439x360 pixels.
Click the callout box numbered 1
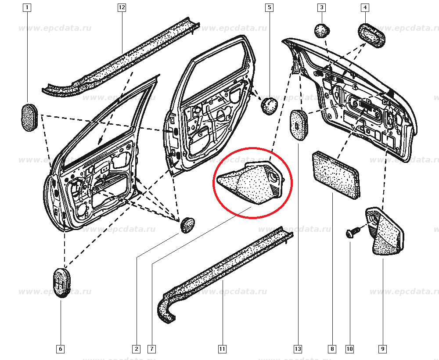pyautogui.click(x=27, y=7)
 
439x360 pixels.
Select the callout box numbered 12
pyautogui.click(x=122, y=7)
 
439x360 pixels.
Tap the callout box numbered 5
pyautogui.click(x=270, y=7)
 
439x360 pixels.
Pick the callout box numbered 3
pyautogui.click(x=322, y=7)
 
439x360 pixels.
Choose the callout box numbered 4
pyautogui.click(x=365, y=7)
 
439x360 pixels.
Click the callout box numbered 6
pyautogui.click(x=61, y=349)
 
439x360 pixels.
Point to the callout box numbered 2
pyautogui.click(x=137, y=349)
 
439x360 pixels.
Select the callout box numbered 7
pyautogui.click(x=151, y=349)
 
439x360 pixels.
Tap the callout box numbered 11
pyautogui.click(x=222, y=349)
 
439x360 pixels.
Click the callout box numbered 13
pyautogui.click(x=298, y=349)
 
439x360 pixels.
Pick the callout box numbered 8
pyautogui.click(x=332, y=349)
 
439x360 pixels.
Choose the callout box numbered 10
pyautogui.click(x=350, y=349)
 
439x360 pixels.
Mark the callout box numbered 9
pyautogui.click(x=383, y=349)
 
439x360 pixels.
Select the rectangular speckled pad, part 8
pyautogui.click(x=336, y=175)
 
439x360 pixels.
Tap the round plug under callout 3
pyautogui.click(x=322, y=31)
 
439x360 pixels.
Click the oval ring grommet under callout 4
pyautogui.click(x=372, y=35)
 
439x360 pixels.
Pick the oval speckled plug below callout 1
pyautogui.click(x=29, y=117)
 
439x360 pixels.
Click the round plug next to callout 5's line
pyautogui.click(x=270, y=106)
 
